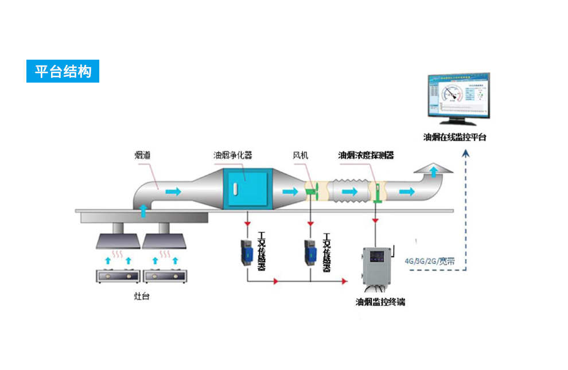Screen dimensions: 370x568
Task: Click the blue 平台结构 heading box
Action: point(63,71)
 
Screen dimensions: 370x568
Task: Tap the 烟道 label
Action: point(142,155)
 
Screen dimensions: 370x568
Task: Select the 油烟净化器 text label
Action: point(233,155)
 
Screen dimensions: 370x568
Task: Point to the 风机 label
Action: point(301,155)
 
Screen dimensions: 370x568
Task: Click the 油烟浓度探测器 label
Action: point(366,155)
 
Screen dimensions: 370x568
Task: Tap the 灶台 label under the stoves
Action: point(141,297)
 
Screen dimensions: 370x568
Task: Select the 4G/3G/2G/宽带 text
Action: point(430,260)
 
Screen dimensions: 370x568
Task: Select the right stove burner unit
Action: point(164,276)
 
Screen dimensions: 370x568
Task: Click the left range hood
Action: point(118,240)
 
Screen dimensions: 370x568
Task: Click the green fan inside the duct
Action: point(311,190)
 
